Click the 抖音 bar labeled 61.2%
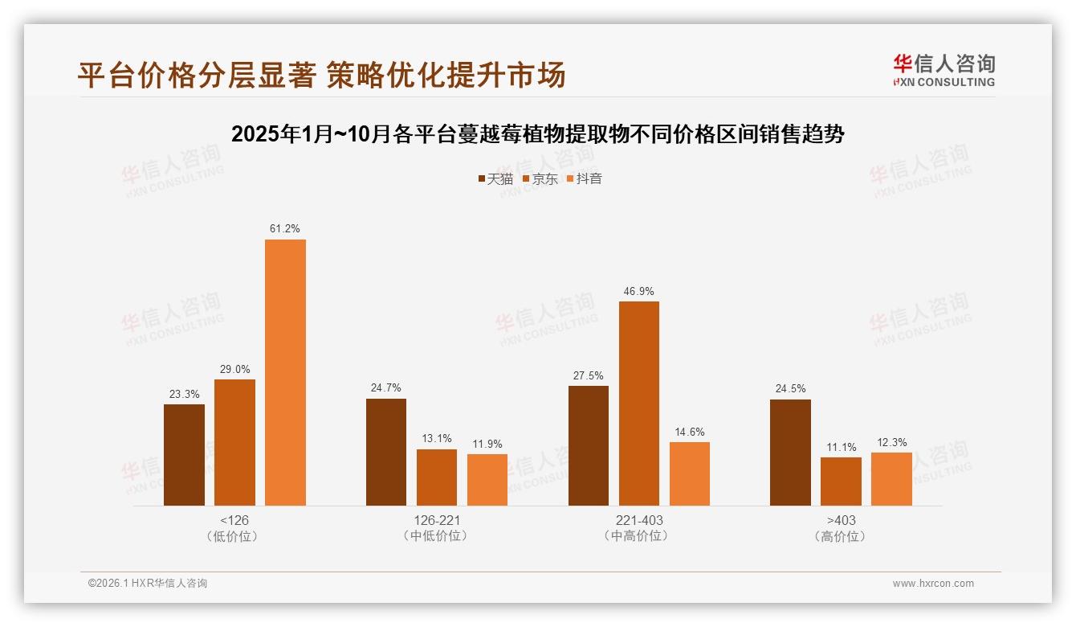point(285,372)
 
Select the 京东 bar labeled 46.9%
point(638,404)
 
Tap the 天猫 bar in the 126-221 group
point(386,452)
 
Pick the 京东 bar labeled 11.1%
point(841,482)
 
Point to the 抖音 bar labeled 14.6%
point(689,473)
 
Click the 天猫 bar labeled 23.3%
point(184,455)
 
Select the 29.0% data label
point(234,369)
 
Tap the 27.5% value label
point(589,375)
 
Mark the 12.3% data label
point(891,442)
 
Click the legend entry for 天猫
point(495,178)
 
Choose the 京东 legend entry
point(540,178)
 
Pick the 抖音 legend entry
point(585,178)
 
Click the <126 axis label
point(234,520)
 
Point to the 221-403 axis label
point(638,520)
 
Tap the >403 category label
point(841,520)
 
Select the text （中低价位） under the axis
point(436,535)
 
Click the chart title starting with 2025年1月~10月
point(537,134)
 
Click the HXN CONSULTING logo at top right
point(944,70)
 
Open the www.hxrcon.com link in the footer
point(933,584)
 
